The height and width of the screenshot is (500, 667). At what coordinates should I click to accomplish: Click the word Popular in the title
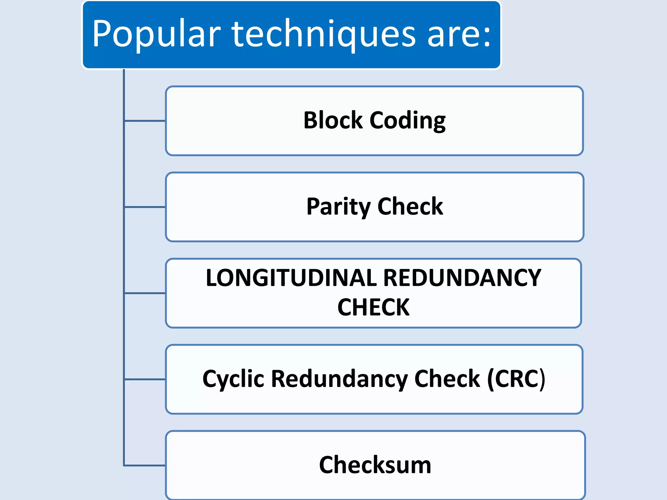point(156,34)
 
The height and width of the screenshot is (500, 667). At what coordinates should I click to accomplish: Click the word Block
point(333,120)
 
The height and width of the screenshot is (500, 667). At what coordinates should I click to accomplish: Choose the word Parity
point(338,207)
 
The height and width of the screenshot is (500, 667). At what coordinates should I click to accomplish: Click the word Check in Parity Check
point(410,206)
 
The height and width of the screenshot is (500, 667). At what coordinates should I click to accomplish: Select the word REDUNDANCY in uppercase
point(462,278)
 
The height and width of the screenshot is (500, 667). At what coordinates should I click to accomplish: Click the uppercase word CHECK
point(373,307)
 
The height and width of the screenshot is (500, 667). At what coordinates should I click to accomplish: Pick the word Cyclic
point(233,379)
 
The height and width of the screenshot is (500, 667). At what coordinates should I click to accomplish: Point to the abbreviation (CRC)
point(516,379)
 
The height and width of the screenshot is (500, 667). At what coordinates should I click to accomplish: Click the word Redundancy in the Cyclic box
point(339,379)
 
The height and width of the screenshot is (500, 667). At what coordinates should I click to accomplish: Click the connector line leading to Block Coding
point(145,121)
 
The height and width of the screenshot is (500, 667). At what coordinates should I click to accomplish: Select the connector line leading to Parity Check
point(145,207)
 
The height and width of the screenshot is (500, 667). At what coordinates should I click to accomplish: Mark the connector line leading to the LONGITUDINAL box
point(145,293)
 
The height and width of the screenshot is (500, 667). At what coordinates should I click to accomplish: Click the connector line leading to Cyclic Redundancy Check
point(145,379)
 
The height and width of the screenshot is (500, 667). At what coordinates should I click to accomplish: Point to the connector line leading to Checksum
point(145,465)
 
